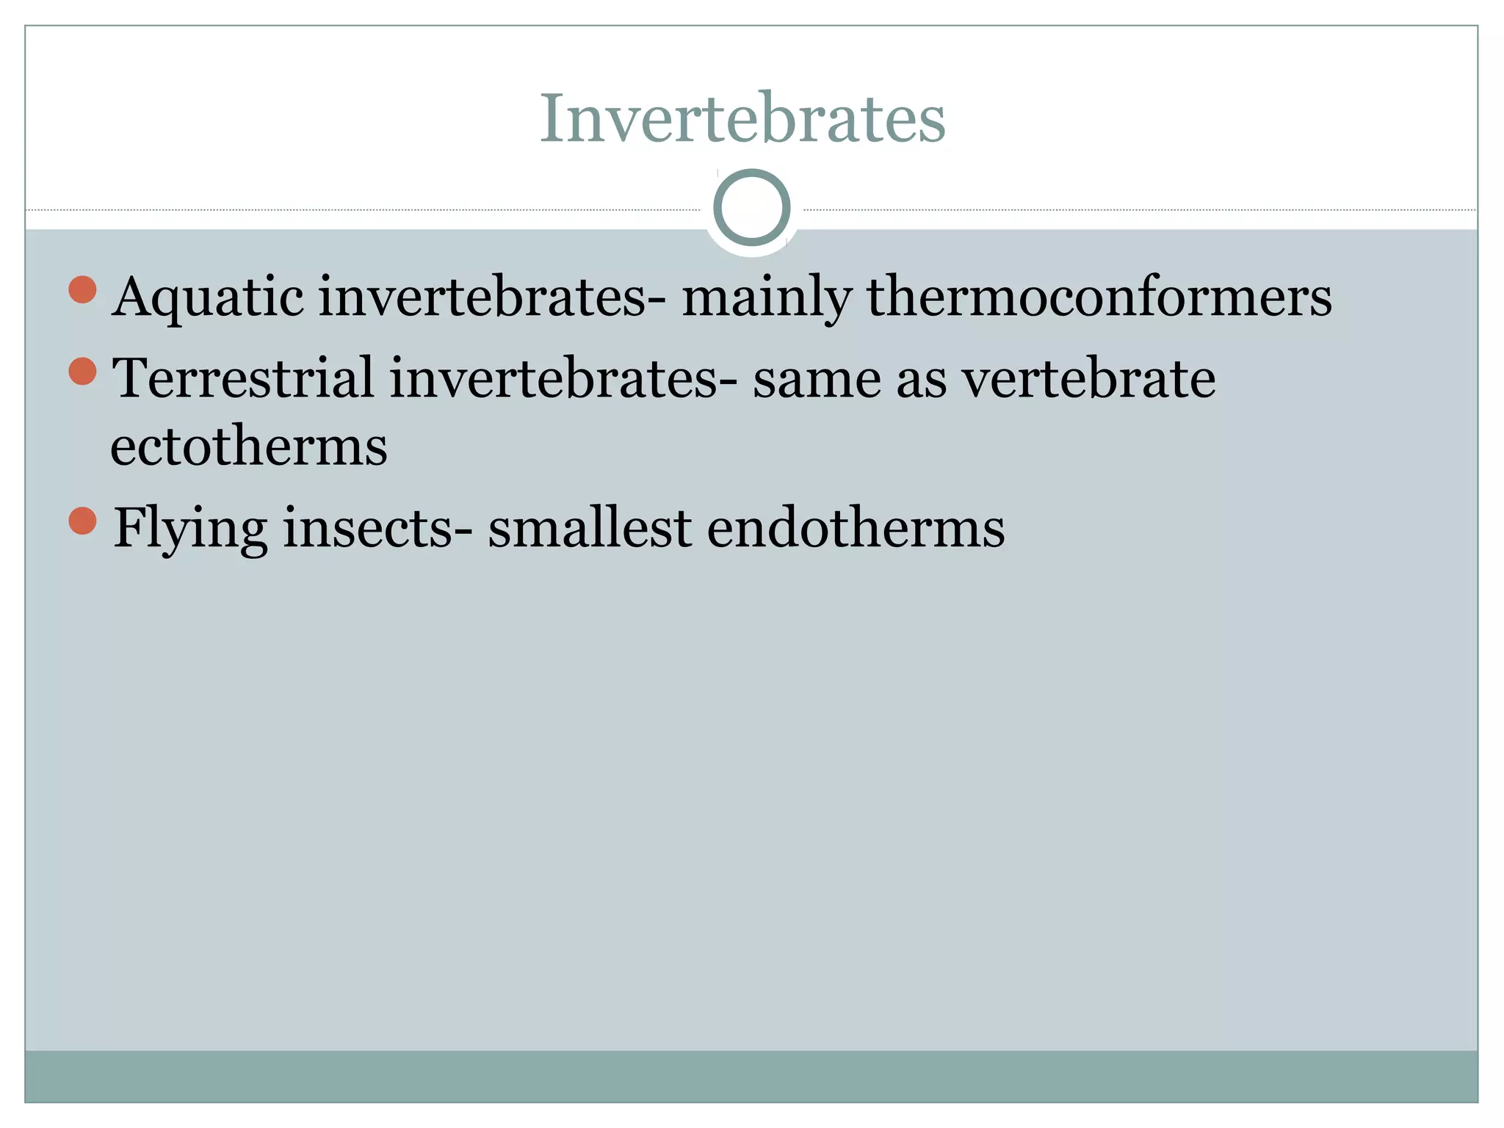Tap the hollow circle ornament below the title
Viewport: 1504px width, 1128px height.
point(751,207)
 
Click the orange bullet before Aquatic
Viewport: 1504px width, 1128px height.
point(83,289)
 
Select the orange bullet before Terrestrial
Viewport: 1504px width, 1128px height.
point(83,371)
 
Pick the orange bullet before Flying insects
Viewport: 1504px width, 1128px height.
point(83,521)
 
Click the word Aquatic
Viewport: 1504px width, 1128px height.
point(208,297)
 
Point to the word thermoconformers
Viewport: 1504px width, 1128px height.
point(1099,297)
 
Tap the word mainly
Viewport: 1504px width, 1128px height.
point(767,297)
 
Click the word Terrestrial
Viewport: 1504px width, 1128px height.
point(243,377)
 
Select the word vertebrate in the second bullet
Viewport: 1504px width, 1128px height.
point(1089,377)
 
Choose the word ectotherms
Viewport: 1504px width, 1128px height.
point(249,446)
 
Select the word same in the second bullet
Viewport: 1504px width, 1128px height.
point(817,379)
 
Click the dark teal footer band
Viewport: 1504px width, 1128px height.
point(751,1076)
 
